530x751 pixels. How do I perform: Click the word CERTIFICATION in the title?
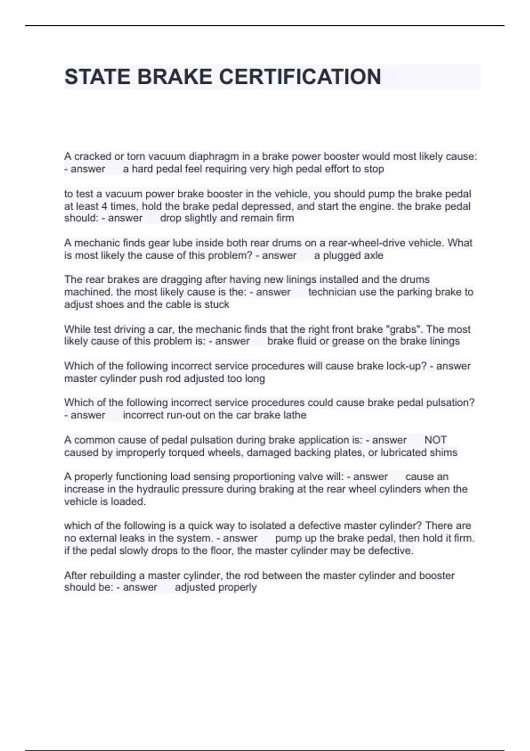[300, 77]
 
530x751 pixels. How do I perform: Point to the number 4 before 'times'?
[104, 206]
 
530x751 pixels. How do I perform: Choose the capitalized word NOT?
[435, 440]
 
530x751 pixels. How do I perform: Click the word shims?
[444, 452]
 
